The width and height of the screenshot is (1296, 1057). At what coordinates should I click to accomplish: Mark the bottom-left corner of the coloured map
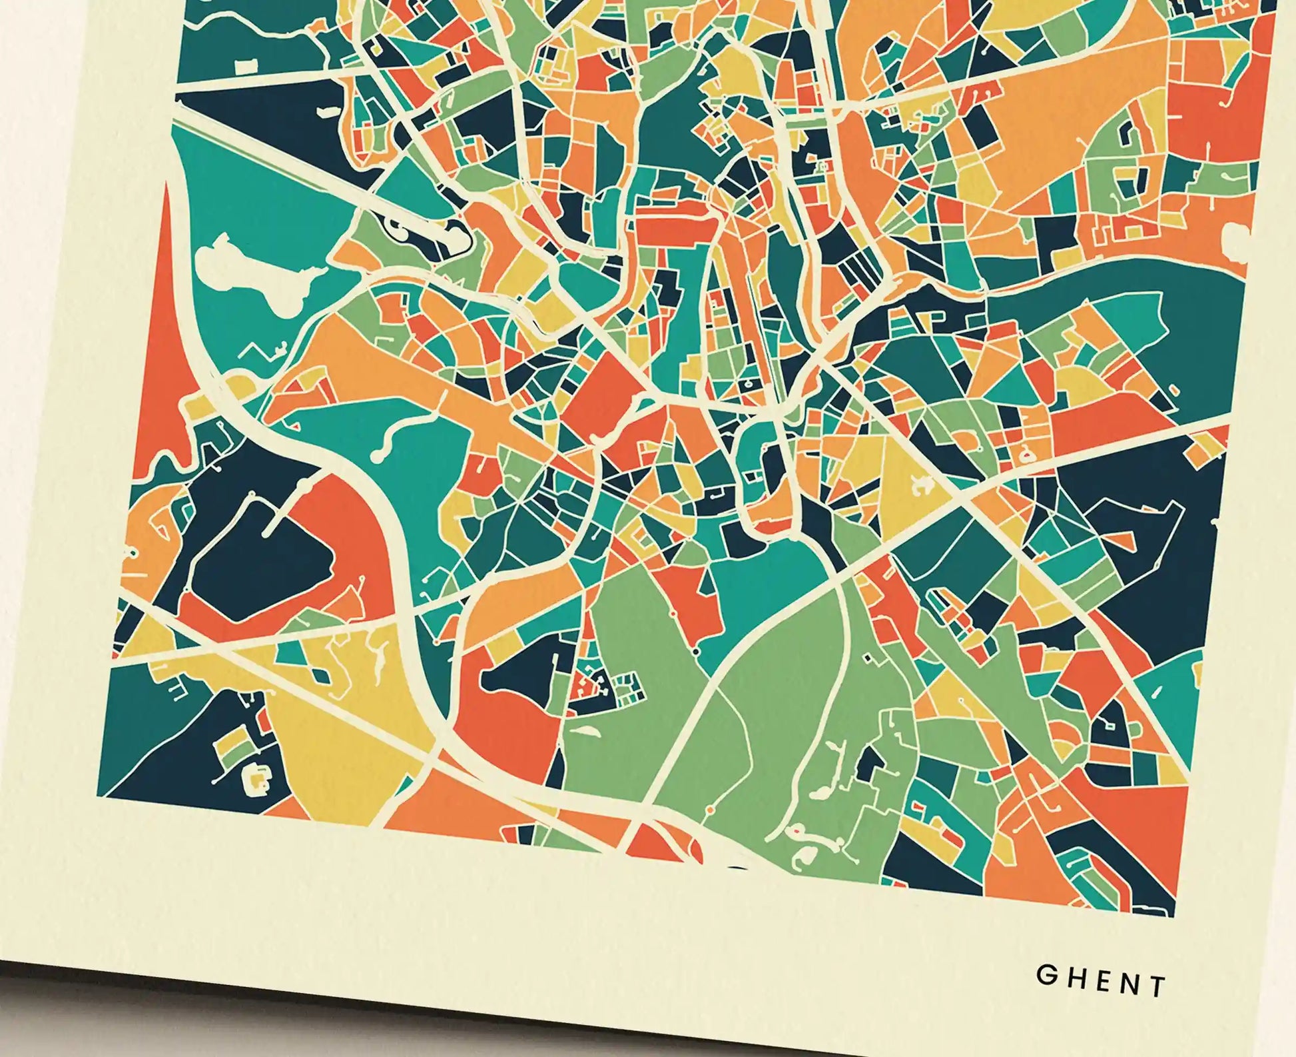(x=99, y=796)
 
